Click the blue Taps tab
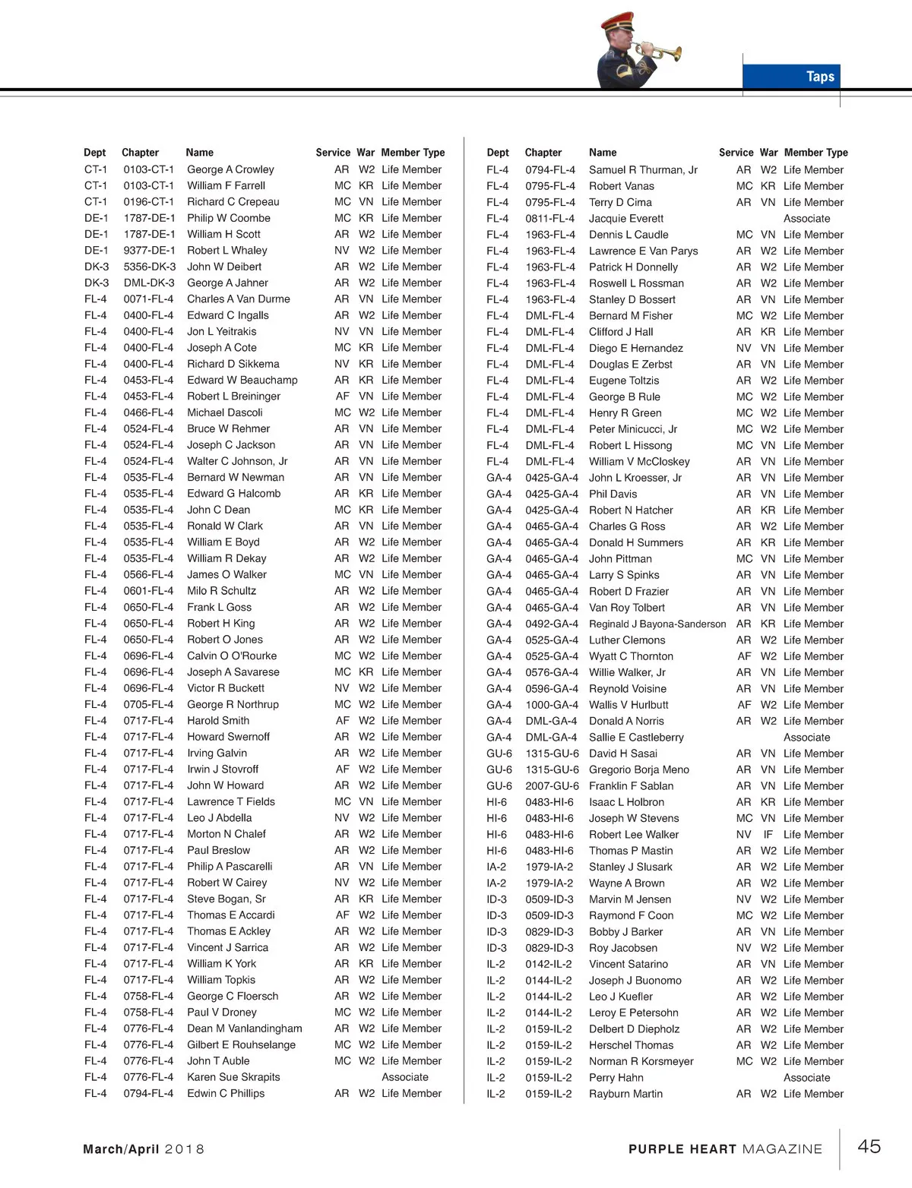791,76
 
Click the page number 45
869,1146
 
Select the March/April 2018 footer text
144,1149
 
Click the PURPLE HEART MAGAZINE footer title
725,1149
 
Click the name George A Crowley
230,169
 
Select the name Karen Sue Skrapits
233,1077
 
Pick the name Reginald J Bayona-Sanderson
657,624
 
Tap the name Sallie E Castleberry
636,737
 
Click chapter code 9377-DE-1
150,251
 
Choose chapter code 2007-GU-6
552,785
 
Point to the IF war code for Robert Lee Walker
768,834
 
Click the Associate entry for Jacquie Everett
806,219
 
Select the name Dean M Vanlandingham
244,1028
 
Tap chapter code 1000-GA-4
552,705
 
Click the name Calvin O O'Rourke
232,656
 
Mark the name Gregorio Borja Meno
638,769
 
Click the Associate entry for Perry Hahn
806,1078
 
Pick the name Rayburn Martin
625,1094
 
